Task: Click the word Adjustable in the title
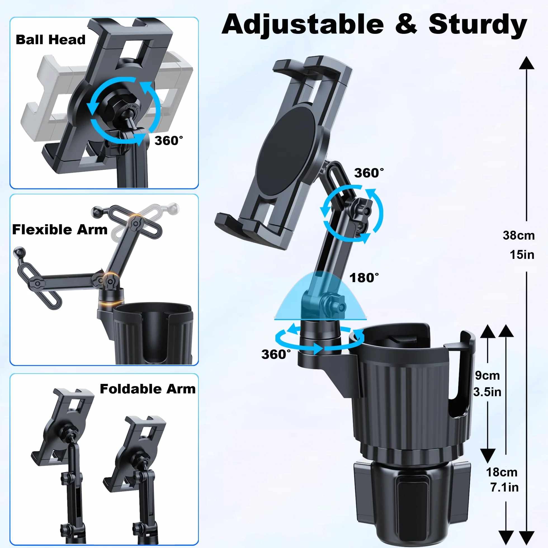tap(303, 25)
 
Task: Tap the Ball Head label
tap(51, 40)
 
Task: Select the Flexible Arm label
tap(60, 230)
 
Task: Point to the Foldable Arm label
tap(148, 389)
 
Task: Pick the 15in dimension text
tap(522, 255)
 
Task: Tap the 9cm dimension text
tap(487, 375)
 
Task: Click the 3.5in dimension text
tap(487, 392)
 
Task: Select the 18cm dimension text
tap(502, 472)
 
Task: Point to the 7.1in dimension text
tap(505, 487)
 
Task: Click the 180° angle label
tap(364, 278)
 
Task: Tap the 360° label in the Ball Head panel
tap(169, 140)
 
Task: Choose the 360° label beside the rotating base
tap(276, 354)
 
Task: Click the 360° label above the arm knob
tap(369, 173)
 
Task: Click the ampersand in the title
tap(406, 24)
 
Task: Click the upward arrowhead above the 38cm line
tap(527, 63)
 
